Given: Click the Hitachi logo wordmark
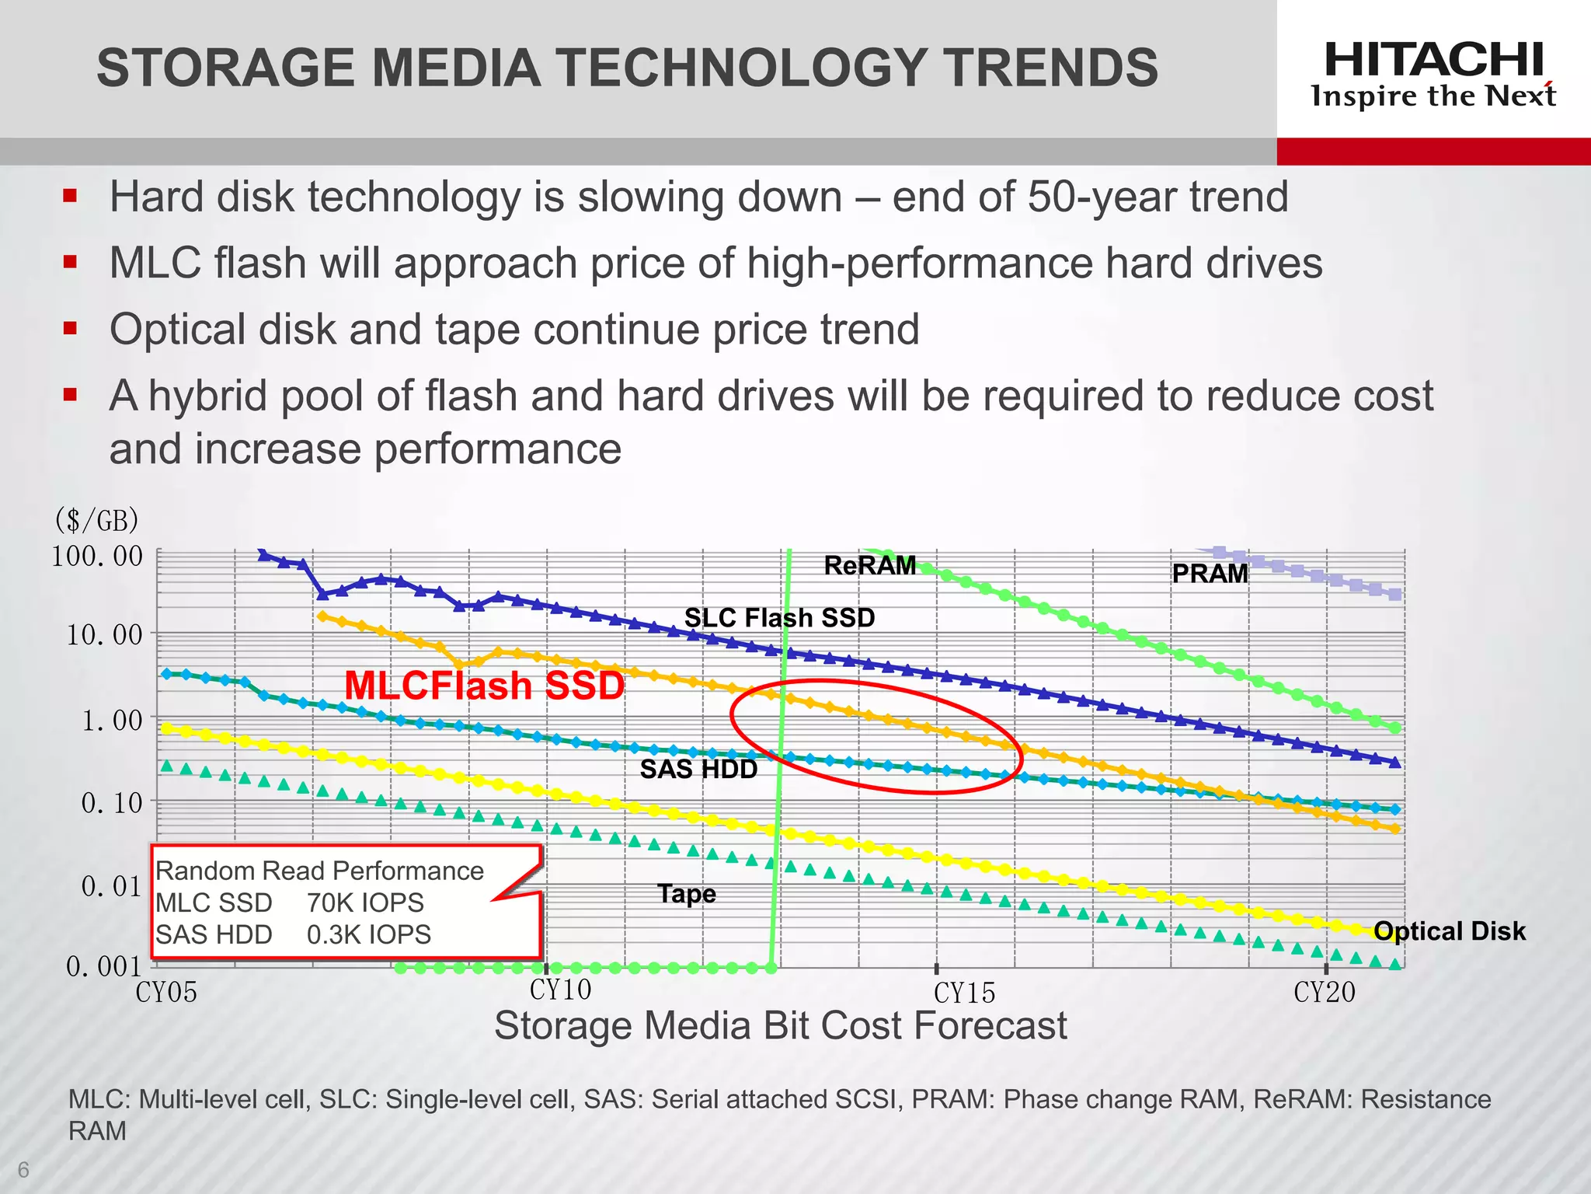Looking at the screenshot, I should tap(1433, 60).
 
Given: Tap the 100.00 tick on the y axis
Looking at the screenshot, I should tap(97, 557).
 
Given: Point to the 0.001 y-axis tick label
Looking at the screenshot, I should tap(103, 966).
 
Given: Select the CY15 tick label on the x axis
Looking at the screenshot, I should tap(964, 993).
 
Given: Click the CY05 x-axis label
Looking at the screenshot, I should tap(166, 993).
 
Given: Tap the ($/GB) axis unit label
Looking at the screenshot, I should tap(96, 519).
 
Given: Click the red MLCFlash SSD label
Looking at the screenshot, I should tap(484, 686).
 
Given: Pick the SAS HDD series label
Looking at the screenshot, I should tap(698, 770).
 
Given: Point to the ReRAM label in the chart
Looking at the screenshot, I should tap(869, 565).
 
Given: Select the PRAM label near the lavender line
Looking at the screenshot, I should tap(1210, 574).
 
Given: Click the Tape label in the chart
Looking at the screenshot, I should tap(687, 894).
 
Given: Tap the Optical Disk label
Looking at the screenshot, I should tap(1450, 930).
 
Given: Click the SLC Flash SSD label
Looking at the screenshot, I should tap(779, 617).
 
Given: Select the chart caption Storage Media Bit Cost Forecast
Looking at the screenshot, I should tap(780, 1025).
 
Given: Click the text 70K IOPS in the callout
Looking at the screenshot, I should tap(365, 902).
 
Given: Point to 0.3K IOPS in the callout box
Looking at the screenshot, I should tap(368, 934).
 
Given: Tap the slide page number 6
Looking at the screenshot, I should tap(23, 1169).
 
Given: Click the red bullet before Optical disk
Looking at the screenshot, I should tap(71, 328).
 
